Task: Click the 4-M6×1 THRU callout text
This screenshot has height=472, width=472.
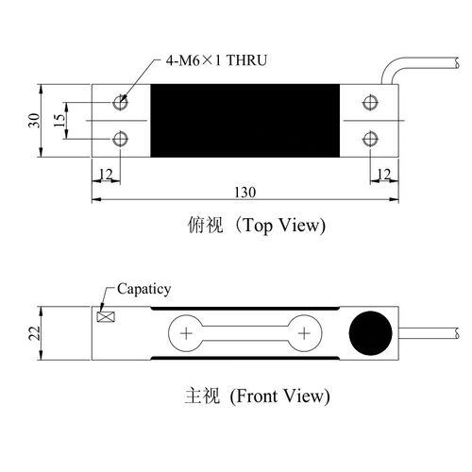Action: tap(216, 60)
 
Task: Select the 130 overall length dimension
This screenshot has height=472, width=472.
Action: tap(245, 193)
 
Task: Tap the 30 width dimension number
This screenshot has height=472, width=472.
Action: tap(34, 120)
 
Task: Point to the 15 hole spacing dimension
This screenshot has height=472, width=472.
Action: tap(59, 120)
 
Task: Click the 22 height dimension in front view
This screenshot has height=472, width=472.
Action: tap(35, 333)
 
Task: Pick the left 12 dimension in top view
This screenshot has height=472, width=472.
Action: tap(106, 174)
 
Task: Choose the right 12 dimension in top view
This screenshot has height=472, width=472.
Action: tap(384, 174)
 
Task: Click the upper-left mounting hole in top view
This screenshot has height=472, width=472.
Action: tap(120, 102)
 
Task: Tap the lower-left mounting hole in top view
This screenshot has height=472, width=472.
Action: tap(120, 139)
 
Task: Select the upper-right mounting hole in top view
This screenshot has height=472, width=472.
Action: tap(370, 102)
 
